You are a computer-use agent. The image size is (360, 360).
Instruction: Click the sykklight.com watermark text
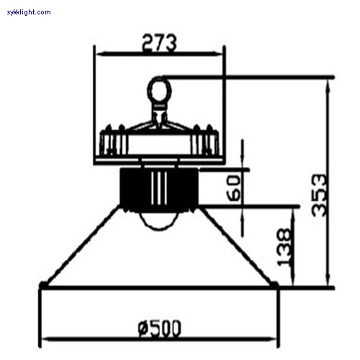coord(29,12)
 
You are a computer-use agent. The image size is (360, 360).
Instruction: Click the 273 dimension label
coord(159,43)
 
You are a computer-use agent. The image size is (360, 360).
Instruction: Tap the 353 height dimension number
coord(319,195)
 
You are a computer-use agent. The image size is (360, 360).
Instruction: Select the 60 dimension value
coord(233,188)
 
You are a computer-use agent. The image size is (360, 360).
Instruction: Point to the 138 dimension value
coord(284,247)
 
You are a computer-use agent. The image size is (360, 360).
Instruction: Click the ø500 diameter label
coord(159,328)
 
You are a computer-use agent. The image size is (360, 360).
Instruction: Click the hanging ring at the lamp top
coord(159,90)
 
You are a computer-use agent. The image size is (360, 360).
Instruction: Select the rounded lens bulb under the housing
coord(159,221)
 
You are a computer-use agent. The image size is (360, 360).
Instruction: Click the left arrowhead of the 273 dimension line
coord(101,54)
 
